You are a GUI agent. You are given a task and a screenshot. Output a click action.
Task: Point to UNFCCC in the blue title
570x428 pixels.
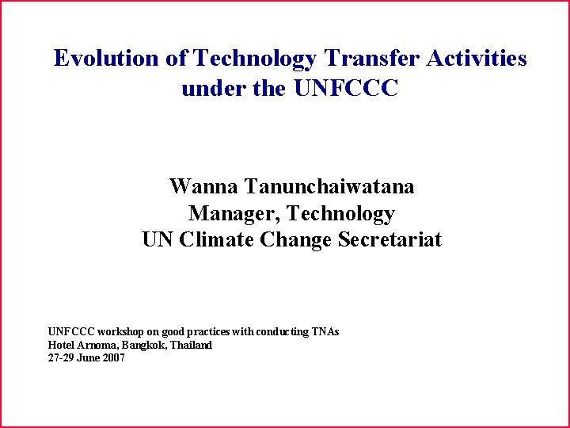(x=346, y=89)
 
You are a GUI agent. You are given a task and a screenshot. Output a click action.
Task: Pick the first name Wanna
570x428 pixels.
(x=203, y=187)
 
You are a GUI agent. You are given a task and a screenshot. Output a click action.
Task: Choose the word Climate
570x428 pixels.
(x=217, y=239)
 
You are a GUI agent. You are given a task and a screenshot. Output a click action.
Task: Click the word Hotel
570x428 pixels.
(x=61, y=346)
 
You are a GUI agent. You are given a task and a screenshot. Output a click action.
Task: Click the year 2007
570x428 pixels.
(x=112, y=358)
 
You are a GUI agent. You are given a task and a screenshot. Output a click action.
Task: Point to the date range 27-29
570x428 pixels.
(x=61, y=358)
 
